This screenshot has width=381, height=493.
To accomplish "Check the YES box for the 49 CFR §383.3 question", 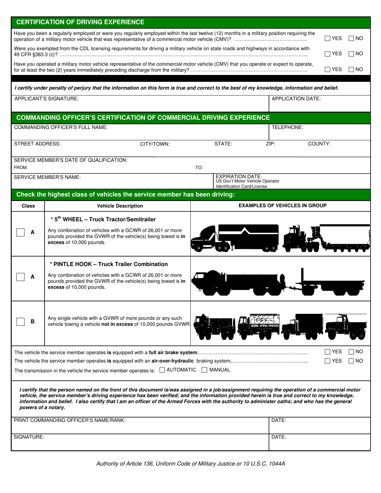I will coord(327,54).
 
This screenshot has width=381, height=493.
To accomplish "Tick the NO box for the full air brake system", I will coord(351,352).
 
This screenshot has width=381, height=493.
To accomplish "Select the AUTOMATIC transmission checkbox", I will coord(162,370).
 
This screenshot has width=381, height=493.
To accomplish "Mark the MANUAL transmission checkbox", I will coord(205,370).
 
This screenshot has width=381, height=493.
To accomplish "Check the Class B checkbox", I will coord(20,321).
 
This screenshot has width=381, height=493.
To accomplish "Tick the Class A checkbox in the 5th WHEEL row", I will coord(20,232).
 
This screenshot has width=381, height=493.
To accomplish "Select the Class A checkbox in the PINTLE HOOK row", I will coord(20,277).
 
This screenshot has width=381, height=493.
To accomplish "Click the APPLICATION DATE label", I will coord(296,99).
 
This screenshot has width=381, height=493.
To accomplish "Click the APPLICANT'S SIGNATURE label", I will coord(47,99).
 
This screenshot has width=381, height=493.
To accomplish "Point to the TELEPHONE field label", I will coord(287,127).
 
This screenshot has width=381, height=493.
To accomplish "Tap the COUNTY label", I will coord(319,144).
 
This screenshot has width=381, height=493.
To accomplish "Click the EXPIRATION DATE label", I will coord(239,176).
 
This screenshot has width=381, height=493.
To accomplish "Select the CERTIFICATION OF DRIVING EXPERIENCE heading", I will coord(80,22).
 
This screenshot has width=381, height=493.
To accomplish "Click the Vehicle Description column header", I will coord(120,206).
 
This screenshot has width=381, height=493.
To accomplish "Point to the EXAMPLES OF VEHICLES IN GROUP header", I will coord(282,206).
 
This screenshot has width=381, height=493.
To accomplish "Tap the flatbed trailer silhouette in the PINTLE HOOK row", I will coord(333,284).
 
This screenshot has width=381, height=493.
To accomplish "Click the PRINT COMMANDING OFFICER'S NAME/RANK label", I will coord(69,420).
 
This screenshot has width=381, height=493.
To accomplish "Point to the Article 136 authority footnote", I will coord(190,464).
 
